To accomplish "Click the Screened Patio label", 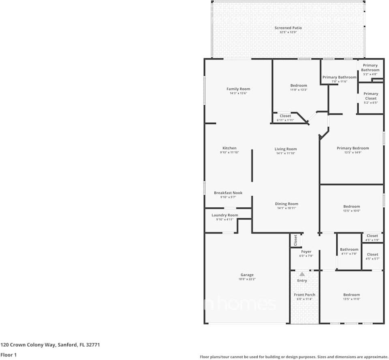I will (x=288, y=28).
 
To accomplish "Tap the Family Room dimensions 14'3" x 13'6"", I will (x=238, y=94).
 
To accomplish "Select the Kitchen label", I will (x=229, y=148).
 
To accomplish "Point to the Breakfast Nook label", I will (x=228, y=193).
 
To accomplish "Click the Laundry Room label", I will (x=225, y=215).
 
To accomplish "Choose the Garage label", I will (x=247, y=275).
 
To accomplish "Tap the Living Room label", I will (x=286, y=149).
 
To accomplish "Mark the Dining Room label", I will (x=286, y=204).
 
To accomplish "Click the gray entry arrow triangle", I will (x=302, y=274).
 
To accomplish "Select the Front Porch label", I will (x=305, y=295).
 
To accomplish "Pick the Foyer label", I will (x=306, y=251).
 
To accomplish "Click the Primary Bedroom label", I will (x=353, y=148).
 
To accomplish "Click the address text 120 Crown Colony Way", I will (x=50, y=345).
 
